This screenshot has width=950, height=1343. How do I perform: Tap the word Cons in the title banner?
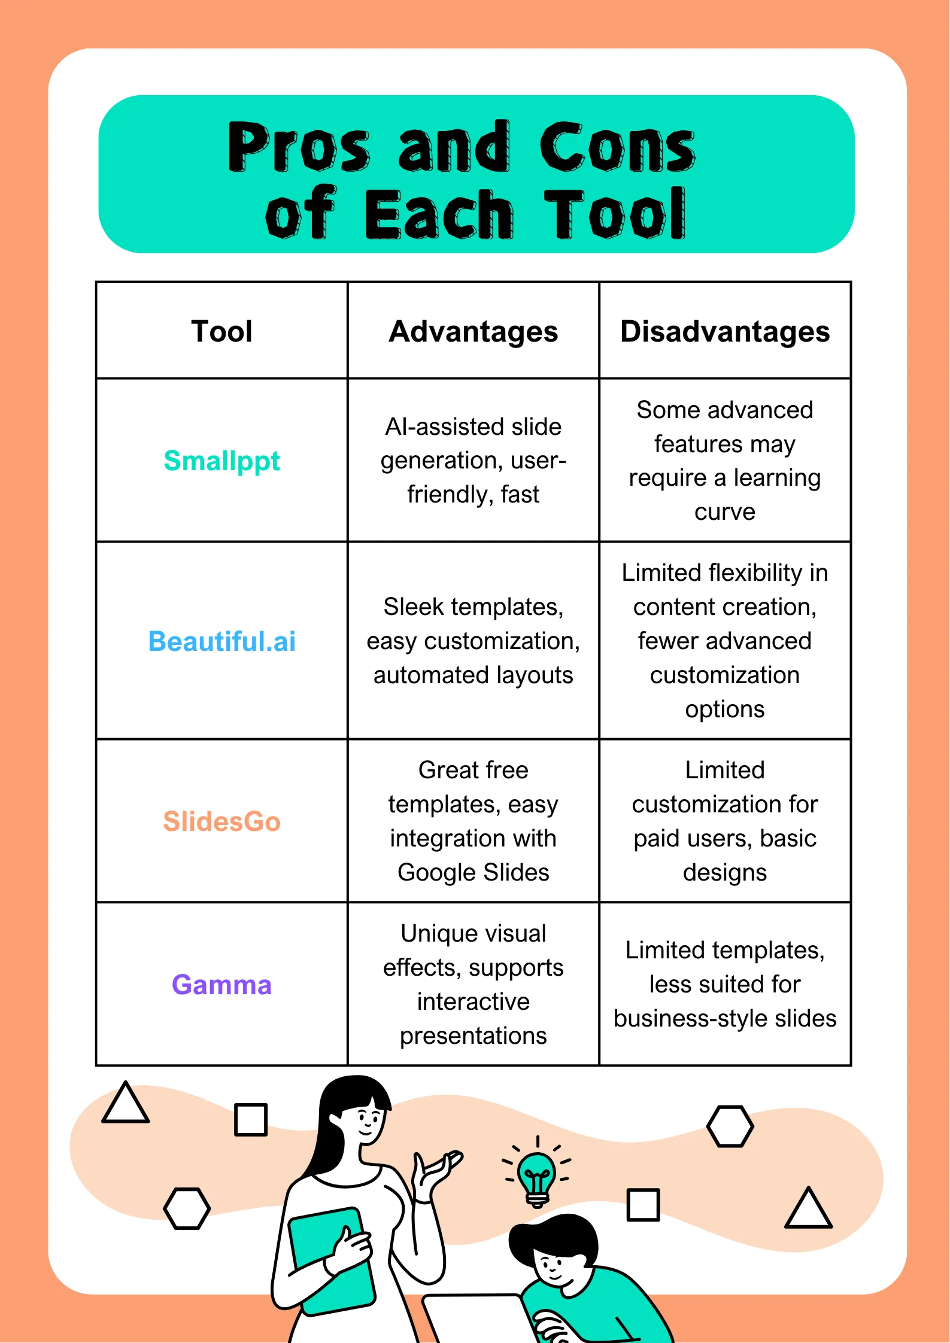pos(617,147)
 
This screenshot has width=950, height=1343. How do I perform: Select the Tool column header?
pos(221,331)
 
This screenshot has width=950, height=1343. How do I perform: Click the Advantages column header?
pos(473,331)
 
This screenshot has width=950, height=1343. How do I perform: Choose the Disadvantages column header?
pos(724,331)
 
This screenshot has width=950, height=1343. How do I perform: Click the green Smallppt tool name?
pos(221,461)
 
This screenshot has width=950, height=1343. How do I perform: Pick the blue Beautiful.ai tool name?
pos(221,641)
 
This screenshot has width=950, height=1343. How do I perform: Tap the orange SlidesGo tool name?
pos(221,821)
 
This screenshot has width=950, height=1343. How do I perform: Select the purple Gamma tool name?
pos(221,985)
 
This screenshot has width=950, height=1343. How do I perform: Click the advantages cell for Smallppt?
pos(473,461)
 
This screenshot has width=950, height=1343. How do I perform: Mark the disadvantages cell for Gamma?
pos(724,985)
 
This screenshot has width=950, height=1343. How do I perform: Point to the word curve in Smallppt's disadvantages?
pos(724,512)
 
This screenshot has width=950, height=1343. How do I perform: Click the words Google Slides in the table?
pos(473,873)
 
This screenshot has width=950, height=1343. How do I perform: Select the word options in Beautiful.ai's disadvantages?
pos(724,709)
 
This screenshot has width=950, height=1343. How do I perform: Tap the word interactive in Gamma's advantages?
pos(473,1002)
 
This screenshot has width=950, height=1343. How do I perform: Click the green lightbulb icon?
pos(536,1173)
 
